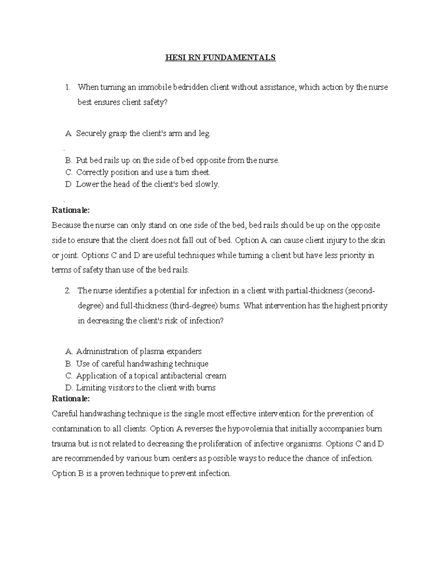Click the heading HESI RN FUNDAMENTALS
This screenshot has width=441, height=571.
click(x=220, y=58)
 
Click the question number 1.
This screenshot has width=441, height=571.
click(x=67, y=88)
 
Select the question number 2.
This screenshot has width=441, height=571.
click(x=67, y=291)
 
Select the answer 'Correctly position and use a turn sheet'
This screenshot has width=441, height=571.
click(x=143, y=172)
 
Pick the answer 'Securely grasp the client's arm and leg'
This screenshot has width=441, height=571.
click(x=143, y=133)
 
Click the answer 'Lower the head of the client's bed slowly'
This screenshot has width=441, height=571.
click(x=147, y=184)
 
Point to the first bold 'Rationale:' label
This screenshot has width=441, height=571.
click(x=71, y=210)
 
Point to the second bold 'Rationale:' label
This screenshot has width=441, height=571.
click(x=71, y=399)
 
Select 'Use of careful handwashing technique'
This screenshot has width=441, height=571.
click(x=142, y=364)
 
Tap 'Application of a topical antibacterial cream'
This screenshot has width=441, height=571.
click(x=151, y=376)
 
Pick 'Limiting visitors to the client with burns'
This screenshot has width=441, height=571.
click(x=146, y=388)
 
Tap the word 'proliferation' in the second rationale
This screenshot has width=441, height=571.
click(x=224, y=444)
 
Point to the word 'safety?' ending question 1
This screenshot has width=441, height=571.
click(x=155, y=103)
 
